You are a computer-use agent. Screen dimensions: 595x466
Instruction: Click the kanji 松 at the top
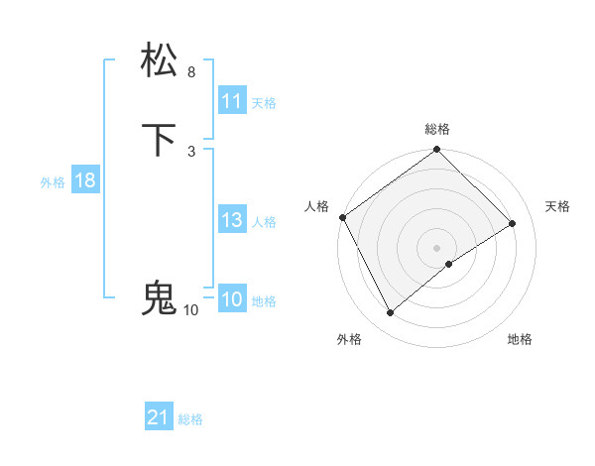[161, 59]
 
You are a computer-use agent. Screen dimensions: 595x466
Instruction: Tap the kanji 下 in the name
[161, 140]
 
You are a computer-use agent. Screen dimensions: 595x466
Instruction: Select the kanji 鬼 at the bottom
[160, 297]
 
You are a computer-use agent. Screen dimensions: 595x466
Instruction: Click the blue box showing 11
[232, 101]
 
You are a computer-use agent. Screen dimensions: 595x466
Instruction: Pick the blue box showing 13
[232, 221]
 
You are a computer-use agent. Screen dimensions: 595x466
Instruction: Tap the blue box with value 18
[84, 180]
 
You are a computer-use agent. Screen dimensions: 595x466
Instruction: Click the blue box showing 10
[232, 300]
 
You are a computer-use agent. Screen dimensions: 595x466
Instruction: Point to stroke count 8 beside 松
[191, 72]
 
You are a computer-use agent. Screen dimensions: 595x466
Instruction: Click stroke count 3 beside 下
[191, 151]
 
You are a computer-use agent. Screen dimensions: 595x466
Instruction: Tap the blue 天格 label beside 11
[264, 103]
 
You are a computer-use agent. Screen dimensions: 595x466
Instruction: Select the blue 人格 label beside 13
[264, 222]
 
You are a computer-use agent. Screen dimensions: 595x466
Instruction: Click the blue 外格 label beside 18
[53, 182]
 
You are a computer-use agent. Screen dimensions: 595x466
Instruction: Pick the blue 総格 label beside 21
[190, 420]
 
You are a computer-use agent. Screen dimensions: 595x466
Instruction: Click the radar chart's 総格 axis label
[437, 130]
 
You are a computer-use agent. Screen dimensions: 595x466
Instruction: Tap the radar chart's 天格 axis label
[557, 206]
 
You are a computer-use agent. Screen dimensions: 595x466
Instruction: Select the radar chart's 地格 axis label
[520, 340]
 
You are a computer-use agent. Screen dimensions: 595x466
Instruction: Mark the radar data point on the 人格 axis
[342, 217]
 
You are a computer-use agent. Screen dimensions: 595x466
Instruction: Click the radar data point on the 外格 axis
[391, 313]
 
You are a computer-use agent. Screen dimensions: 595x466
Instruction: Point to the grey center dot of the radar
[437, 248]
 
